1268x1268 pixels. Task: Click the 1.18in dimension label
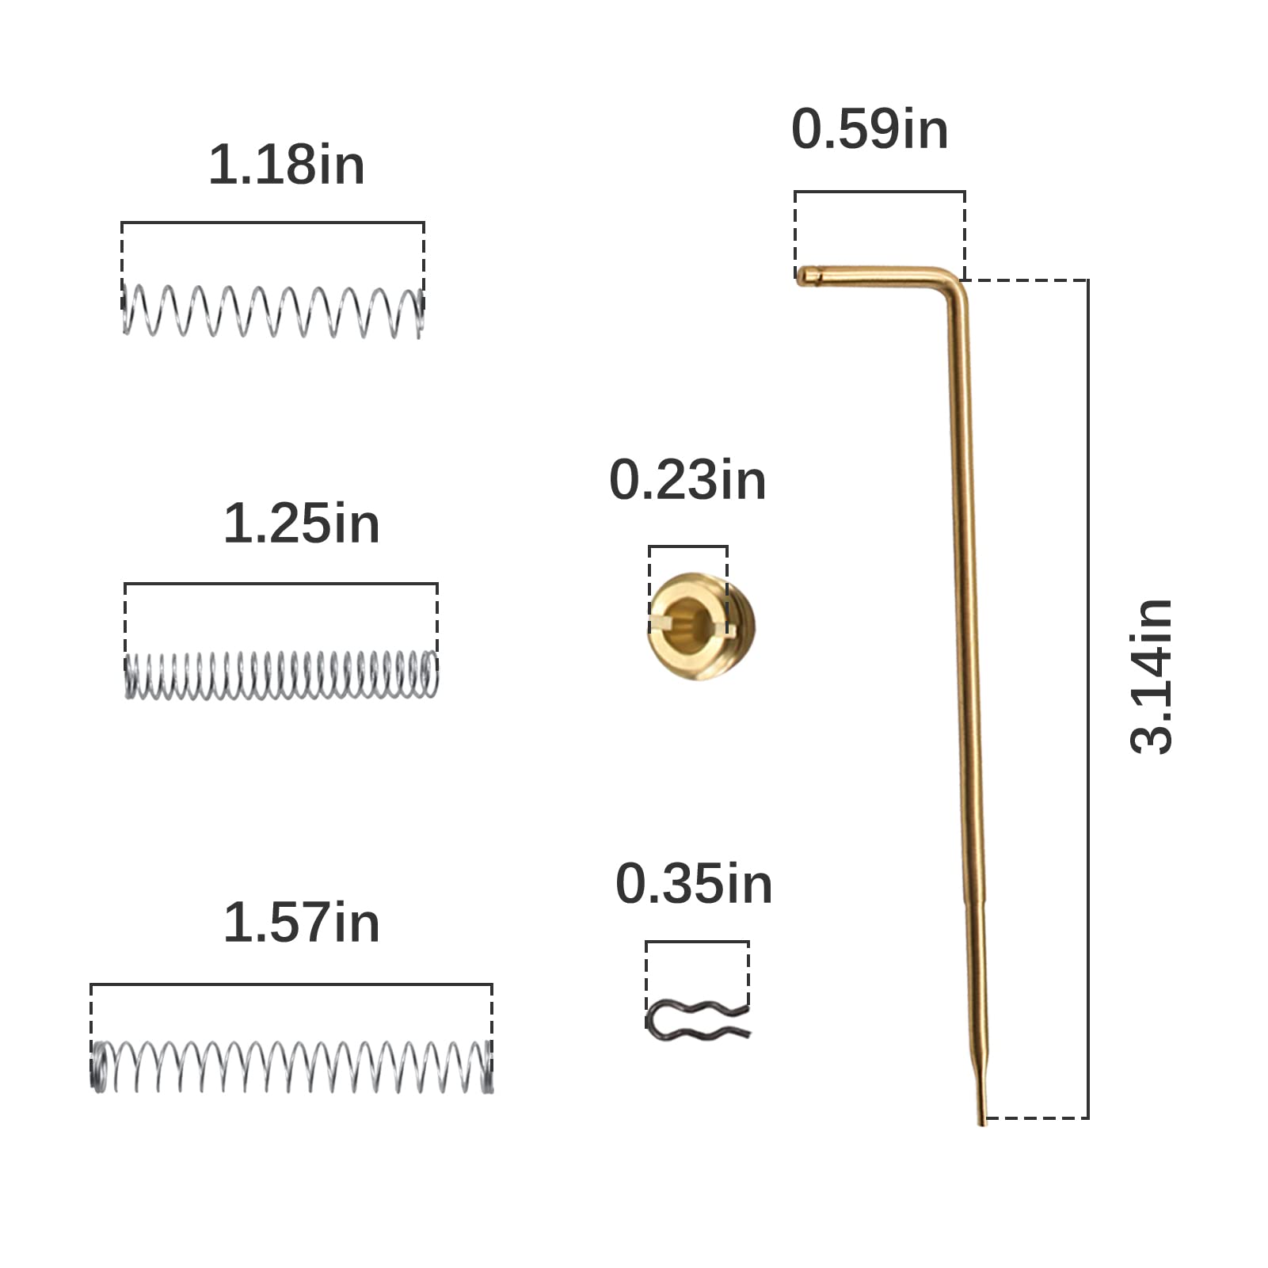coord(287,165)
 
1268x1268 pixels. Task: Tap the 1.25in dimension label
coord(302,524)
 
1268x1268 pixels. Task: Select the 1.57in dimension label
coord(302,923)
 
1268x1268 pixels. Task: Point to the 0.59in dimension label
coord(870,129)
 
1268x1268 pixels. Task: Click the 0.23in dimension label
coord(687,480)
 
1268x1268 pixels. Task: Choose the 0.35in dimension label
coord(694,884)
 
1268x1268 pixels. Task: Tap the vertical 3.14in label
coord(1151,676)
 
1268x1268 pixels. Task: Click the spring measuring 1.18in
coord(273,311)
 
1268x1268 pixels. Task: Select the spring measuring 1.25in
coord(281,675)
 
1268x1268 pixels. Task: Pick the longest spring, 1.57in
coord(291,1067)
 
